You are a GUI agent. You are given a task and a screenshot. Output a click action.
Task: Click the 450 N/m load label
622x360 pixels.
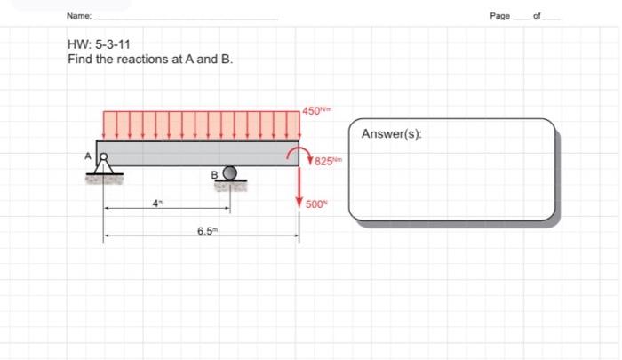(x=315, y=110)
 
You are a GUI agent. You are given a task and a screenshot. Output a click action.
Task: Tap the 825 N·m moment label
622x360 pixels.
(x=323, y=161)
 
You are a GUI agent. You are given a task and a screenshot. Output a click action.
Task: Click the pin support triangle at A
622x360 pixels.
(x=105, y=166)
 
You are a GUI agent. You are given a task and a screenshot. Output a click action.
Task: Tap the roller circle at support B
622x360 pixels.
(x=229, y=172)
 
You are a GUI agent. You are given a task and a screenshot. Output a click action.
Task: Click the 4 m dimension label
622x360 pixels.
(x=156, y=203)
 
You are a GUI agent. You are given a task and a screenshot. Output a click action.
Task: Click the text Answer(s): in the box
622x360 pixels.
(x=392, y=134)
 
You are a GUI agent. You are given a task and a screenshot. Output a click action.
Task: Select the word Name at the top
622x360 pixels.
(x=79, y=17)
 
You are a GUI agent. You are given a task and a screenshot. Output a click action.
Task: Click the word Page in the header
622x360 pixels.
(x=500, y=17)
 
